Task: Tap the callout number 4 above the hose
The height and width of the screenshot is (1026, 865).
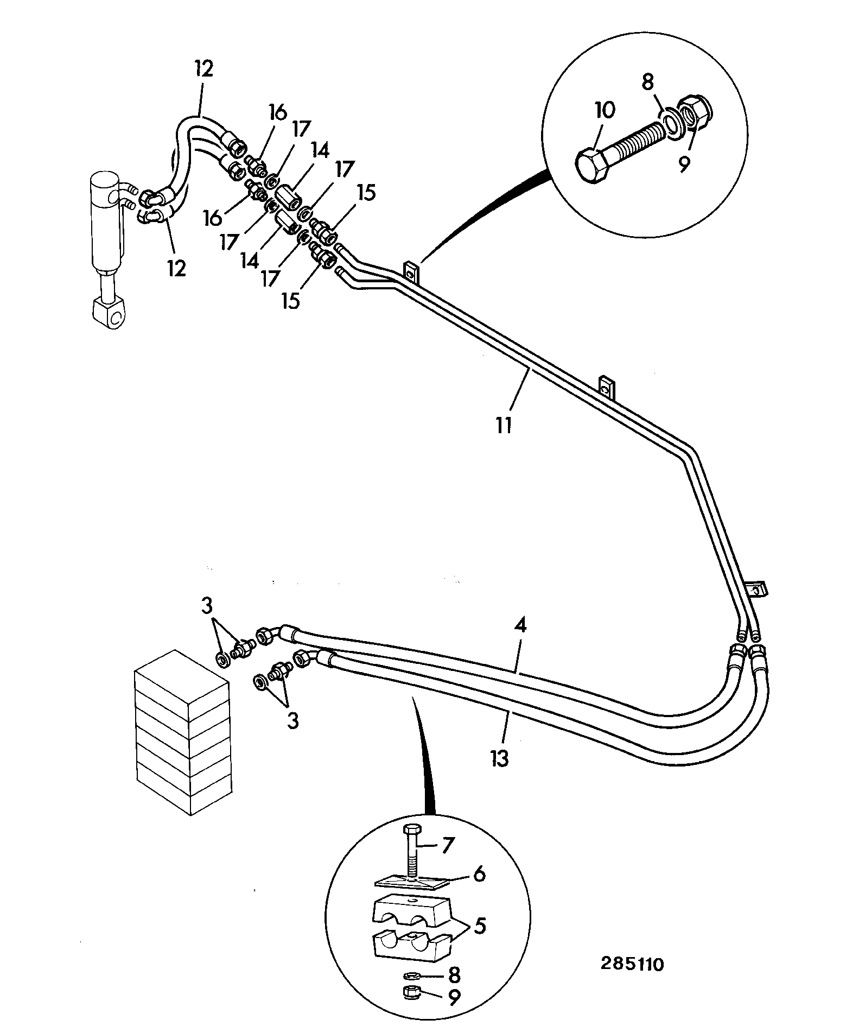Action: pos(520,626)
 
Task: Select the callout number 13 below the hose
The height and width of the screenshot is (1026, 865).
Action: pos(500,757)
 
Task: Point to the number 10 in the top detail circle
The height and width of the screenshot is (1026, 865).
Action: pos(605,111)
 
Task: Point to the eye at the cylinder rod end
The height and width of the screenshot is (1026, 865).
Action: pos(112,313)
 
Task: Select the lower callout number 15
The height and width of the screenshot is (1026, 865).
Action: pos(291,300)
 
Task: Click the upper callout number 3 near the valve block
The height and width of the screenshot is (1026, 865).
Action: pos(207,606)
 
